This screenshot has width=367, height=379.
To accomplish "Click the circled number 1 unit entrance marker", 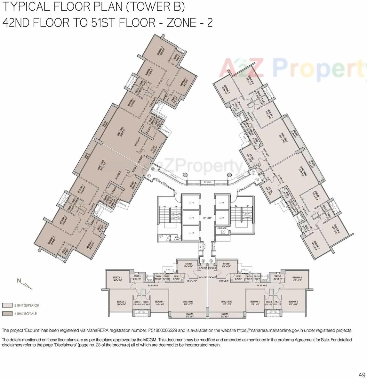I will (149, 176).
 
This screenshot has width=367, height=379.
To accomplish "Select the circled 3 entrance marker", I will (253, 173).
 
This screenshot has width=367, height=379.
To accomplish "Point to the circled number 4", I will (257, 179).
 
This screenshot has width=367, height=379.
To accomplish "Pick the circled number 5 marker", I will (211, 261).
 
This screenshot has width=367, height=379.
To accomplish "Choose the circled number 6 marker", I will (203, 261).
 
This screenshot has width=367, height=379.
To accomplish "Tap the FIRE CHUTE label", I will (222, 228).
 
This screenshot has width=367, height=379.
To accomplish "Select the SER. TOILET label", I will (176, 238).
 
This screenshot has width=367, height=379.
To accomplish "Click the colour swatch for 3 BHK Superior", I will (7, 305).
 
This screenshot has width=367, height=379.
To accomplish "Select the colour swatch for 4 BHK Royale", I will (7, 314).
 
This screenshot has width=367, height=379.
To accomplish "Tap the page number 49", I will (362, 375).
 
